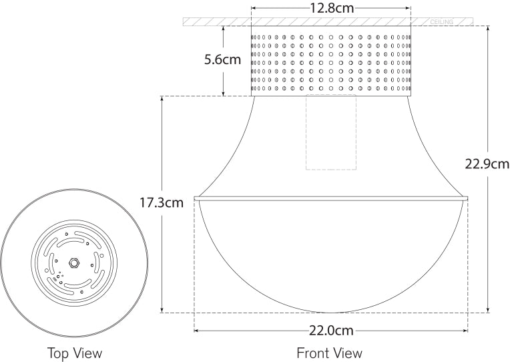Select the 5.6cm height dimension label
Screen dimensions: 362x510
222,60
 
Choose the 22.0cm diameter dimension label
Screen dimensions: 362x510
331,331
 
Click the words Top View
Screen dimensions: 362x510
75,352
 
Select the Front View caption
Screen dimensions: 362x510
330,352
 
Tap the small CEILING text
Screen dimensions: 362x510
442,22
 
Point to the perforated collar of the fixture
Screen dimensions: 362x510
331,61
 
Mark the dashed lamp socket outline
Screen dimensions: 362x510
331,132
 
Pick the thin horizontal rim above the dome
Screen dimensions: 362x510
331,198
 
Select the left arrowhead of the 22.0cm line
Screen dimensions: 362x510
196,331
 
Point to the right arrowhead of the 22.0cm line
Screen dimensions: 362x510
466,331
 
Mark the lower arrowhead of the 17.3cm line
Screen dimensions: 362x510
162,310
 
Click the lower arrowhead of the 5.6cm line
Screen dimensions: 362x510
222,94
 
